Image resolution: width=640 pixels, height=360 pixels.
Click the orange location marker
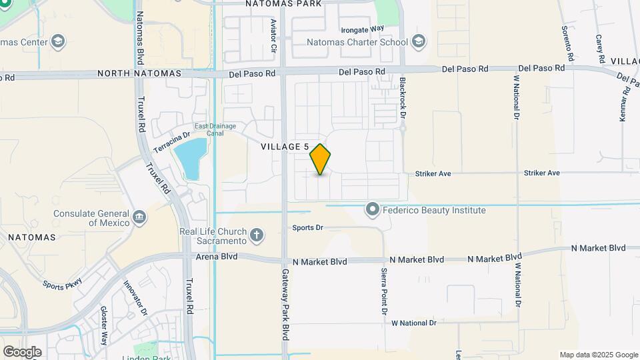click(320, 160)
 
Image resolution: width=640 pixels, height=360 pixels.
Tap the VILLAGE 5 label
click(284, 147)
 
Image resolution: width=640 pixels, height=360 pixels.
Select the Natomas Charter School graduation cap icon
click(418, 42)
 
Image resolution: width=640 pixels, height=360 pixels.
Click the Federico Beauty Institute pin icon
click(373, 210)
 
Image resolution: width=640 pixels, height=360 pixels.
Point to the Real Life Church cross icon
click(257, 235)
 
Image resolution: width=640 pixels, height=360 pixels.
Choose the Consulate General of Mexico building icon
click(139, 216)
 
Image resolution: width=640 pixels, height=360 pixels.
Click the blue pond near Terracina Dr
click(189, 159)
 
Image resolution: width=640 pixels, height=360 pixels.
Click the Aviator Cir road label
click(273, 35)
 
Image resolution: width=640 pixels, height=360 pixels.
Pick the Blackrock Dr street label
click(403, 97)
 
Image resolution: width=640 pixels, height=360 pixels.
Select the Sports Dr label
click(307, 228)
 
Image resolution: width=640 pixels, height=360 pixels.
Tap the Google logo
click(22, 352)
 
